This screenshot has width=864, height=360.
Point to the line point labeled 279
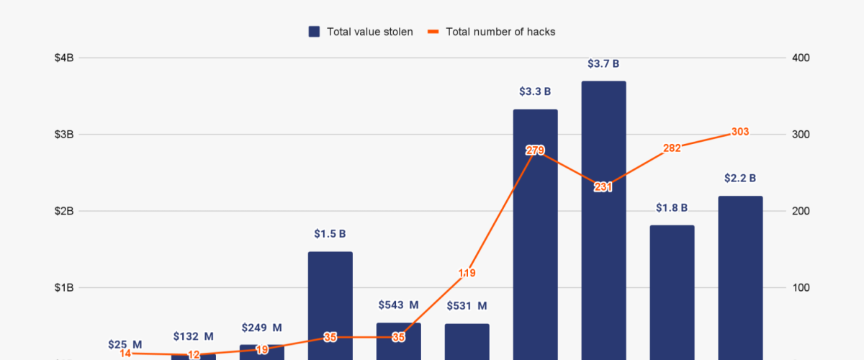(535, 150)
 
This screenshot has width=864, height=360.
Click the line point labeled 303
(740, 132)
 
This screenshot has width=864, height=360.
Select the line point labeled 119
(467, 273)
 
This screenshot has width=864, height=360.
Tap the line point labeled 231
(603, 187)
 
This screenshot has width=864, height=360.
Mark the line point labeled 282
(672, 148)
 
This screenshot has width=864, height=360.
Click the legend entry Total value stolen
(361, 32)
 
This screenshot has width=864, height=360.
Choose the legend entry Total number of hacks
(491, 32)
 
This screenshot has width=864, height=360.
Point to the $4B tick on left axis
(63, 58)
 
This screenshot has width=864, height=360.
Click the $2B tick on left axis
(63, 211)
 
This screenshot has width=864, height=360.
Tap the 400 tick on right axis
(801, 58)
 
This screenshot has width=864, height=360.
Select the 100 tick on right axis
(801, 288)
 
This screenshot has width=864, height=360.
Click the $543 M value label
(398, 305)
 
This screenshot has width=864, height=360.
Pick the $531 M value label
(467, 307)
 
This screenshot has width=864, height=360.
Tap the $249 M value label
(261, 328)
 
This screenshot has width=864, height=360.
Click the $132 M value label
(193, 336)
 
